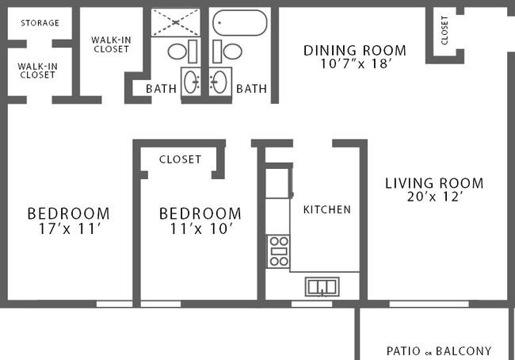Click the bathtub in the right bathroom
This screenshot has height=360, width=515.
coord(240,22)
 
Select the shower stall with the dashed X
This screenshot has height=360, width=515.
coord(176,22)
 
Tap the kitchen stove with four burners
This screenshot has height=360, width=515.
coord(279,251)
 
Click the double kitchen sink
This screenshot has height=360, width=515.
coord(322,287)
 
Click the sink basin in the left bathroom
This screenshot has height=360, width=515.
coord(191,82)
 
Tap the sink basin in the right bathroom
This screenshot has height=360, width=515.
coord(219,82)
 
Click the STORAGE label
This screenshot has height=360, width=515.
coord(40,23)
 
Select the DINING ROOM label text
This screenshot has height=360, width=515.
coord(355,51)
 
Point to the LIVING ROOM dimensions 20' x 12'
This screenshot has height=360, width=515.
coord(435,197)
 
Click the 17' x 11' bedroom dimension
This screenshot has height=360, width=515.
coord(68,229)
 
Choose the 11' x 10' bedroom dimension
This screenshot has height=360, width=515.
coord(201,229)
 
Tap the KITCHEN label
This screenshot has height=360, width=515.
coord(327,210)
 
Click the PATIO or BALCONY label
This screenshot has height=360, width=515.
coord(439,351)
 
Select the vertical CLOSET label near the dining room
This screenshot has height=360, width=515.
coord(444,30)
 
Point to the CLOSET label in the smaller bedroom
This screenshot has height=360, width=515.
coord(180,159)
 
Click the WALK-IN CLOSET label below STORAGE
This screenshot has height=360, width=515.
coord(37,71)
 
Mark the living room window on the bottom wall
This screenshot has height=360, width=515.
coord(429,304)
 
